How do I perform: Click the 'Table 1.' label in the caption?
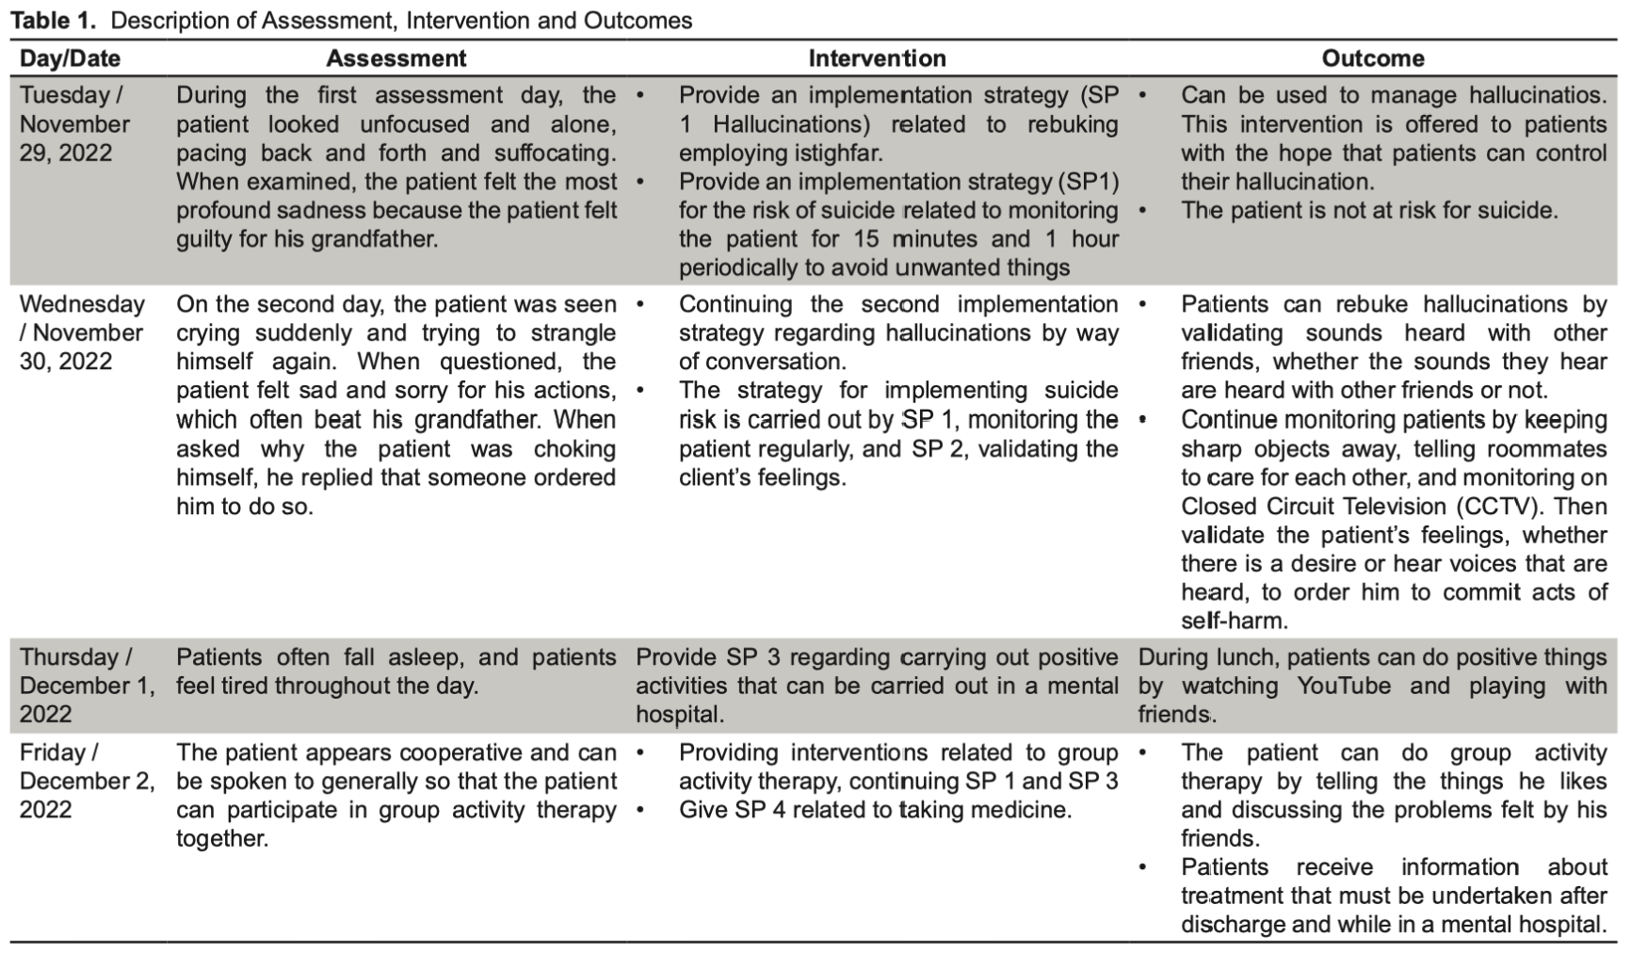[x=53, y=21]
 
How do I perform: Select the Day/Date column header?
[x=70, y=58]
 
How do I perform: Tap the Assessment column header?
[x=396, y=58]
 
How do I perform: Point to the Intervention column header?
[x=877, y=58]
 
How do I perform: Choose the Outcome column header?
[x=1372, y=58]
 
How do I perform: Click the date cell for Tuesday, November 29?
[x=74, y=123]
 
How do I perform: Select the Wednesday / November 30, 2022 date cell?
[x=82, y=332]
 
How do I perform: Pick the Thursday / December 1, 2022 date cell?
[x=86, y=686]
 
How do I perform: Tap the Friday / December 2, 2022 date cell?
[x=86, y=781]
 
